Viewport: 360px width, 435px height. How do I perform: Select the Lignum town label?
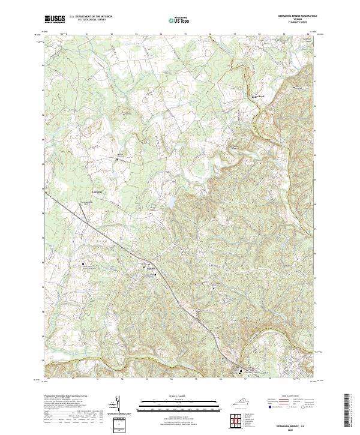point(151,268)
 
